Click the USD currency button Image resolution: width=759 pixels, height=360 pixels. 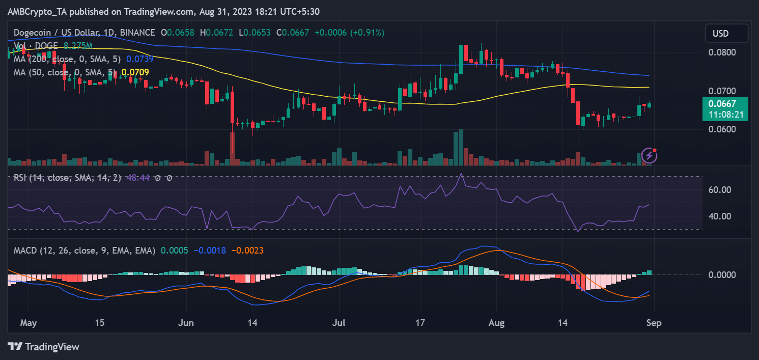tap(726, 33)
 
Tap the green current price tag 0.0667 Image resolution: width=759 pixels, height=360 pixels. tap(722, 104)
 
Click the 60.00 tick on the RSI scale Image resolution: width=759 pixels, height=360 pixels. tap(720, 190)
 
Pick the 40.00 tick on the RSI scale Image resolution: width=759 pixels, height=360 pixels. tap(720, 216)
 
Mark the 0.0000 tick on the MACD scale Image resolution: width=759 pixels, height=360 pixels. tap(722, 274)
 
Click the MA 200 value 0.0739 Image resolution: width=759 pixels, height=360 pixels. tap(139, 59)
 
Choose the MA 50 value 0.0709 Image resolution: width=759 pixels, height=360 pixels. tap(135, 72)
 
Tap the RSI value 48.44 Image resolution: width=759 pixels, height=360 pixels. tap(138, 178)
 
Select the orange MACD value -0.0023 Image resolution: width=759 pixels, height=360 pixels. tap(247, 251)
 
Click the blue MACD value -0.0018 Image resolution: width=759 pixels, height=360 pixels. tap(210, 251)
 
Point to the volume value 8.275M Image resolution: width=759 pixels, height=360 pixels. tap(78, 46)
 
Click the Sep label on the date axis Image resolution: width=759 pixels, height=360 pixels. tap(654, 323)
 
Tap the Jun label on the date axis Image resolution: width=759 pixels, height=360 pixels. tap(186, 323)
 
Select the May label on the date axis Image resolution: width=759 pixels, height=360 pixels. tap(29, 323)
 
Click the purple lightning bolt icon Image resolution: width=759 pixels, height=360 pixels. tap(650, 156)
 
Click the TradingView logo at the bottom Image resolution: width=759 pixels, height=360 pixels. tap(43, 347)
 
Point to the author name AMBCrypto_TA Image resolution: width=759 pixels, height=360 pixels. tap(37, 12)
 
